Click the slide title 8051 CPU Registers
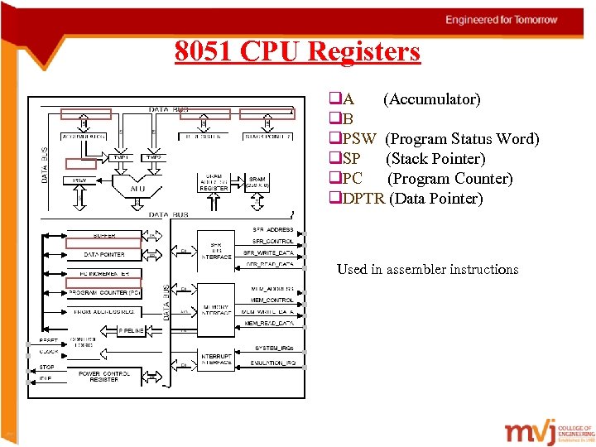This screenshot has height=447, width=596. (297, 51)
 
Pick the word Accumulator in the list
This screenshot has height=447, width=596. (431, 99)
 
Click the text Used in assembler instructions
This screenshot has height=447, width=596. (427, 269)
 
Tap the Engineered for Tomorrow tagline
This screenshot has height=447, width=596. (512, 19)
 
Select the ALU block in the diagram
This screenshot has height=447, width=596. (136, 189)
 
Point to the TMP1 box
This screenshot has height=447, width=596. (121, 156)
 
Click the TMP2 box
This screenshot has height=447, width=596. (153, 156)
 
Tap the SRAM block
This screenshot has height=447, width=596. (257, 181)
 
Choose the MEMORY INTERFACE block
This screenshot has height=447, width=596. (216, 310)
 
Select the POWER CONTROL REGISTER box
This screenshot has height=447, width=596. (104, 376)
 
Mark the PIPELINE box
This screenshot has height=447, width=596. (132, 330)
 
